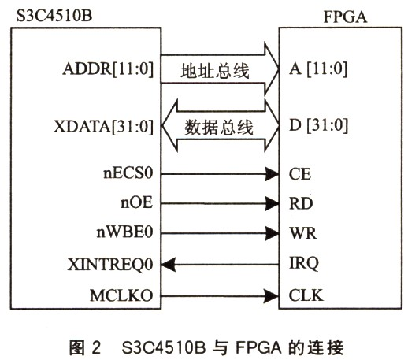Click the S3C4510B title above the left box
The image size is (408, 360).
point(54,16)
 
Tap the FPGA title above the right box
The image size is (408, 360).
point(345,17)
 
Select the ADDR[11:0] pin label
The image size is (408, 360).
point(108,69)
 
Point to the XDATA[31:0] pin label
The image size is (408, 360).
point(103,127)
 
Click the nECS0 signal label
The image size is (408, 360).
point(128,173)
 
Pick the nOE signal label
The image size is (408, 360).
point(136,202)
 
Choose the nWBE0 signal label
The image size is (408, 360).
point(124,232)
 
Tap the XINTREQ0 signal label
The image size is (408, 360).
point(110,265)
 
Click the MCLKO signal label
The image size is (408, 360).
point(121,295)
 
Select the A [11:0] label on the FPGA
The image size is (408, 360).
point(318,69)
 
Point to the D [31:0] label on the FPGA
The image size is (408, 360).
point(318,125)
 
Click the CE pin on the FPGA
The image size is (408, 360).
point(300,174)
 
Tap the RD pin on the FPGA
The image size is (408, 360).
point(301,203)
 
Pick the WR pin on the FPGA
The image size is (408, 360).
point(303,233)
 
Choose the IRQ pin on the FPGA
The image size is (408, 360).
point(304,263)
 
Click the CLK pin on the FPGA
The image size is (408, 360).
point(306,295)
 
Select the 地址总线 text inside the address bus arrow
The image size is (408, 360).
point(215,71)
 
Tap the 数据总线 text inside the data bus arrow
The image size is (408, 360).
point(218,128)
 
